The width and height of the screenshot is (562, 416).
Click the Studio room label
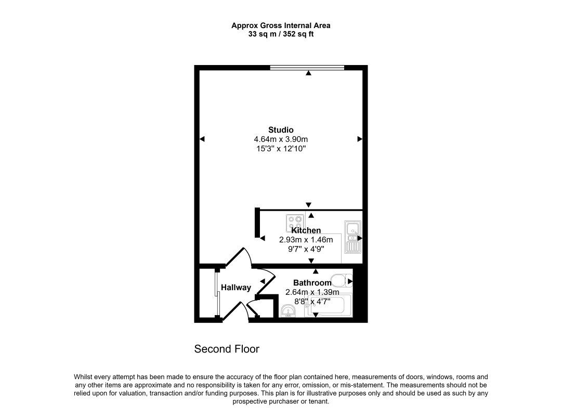(281, 129)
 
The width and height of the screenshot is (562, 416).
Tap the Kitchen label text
(306, 230)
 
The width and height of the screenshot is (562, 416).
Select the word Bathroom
(312, 283)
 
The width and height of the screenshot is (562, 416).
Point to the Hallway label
(236, 288)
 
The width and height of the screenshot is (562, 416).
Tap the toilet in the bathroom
(341, 281)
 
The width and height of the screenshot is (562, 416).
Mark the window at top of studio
(307, 68)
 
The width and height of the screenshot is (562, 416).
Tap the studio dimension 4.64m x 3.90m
(281, 139)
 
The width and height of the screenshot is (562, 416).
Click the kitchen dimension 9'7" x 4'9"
(306, 249)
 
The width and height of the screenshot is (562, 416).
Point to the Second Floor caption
(227, 349)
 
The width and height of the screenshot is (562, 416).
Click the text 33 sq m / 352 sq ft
(281, 34)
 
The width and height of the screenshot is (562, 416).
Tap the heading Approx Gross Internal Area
(281, 25)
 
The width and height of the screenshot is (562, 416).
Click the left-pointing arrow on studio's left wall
(202, 139)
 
